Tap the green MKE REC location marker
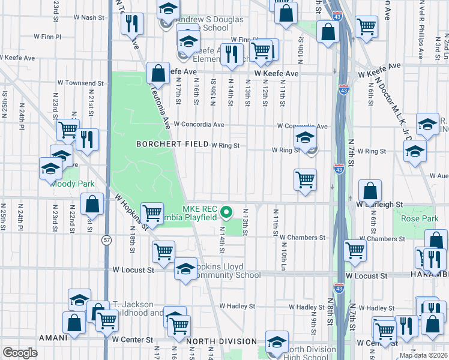(226, 212)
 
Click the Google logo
(20, 353)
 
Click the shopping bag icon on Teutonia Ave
(157, 74)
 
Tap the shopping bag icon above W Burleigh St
(370, 191)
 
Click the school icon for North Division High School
(276, 341)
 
